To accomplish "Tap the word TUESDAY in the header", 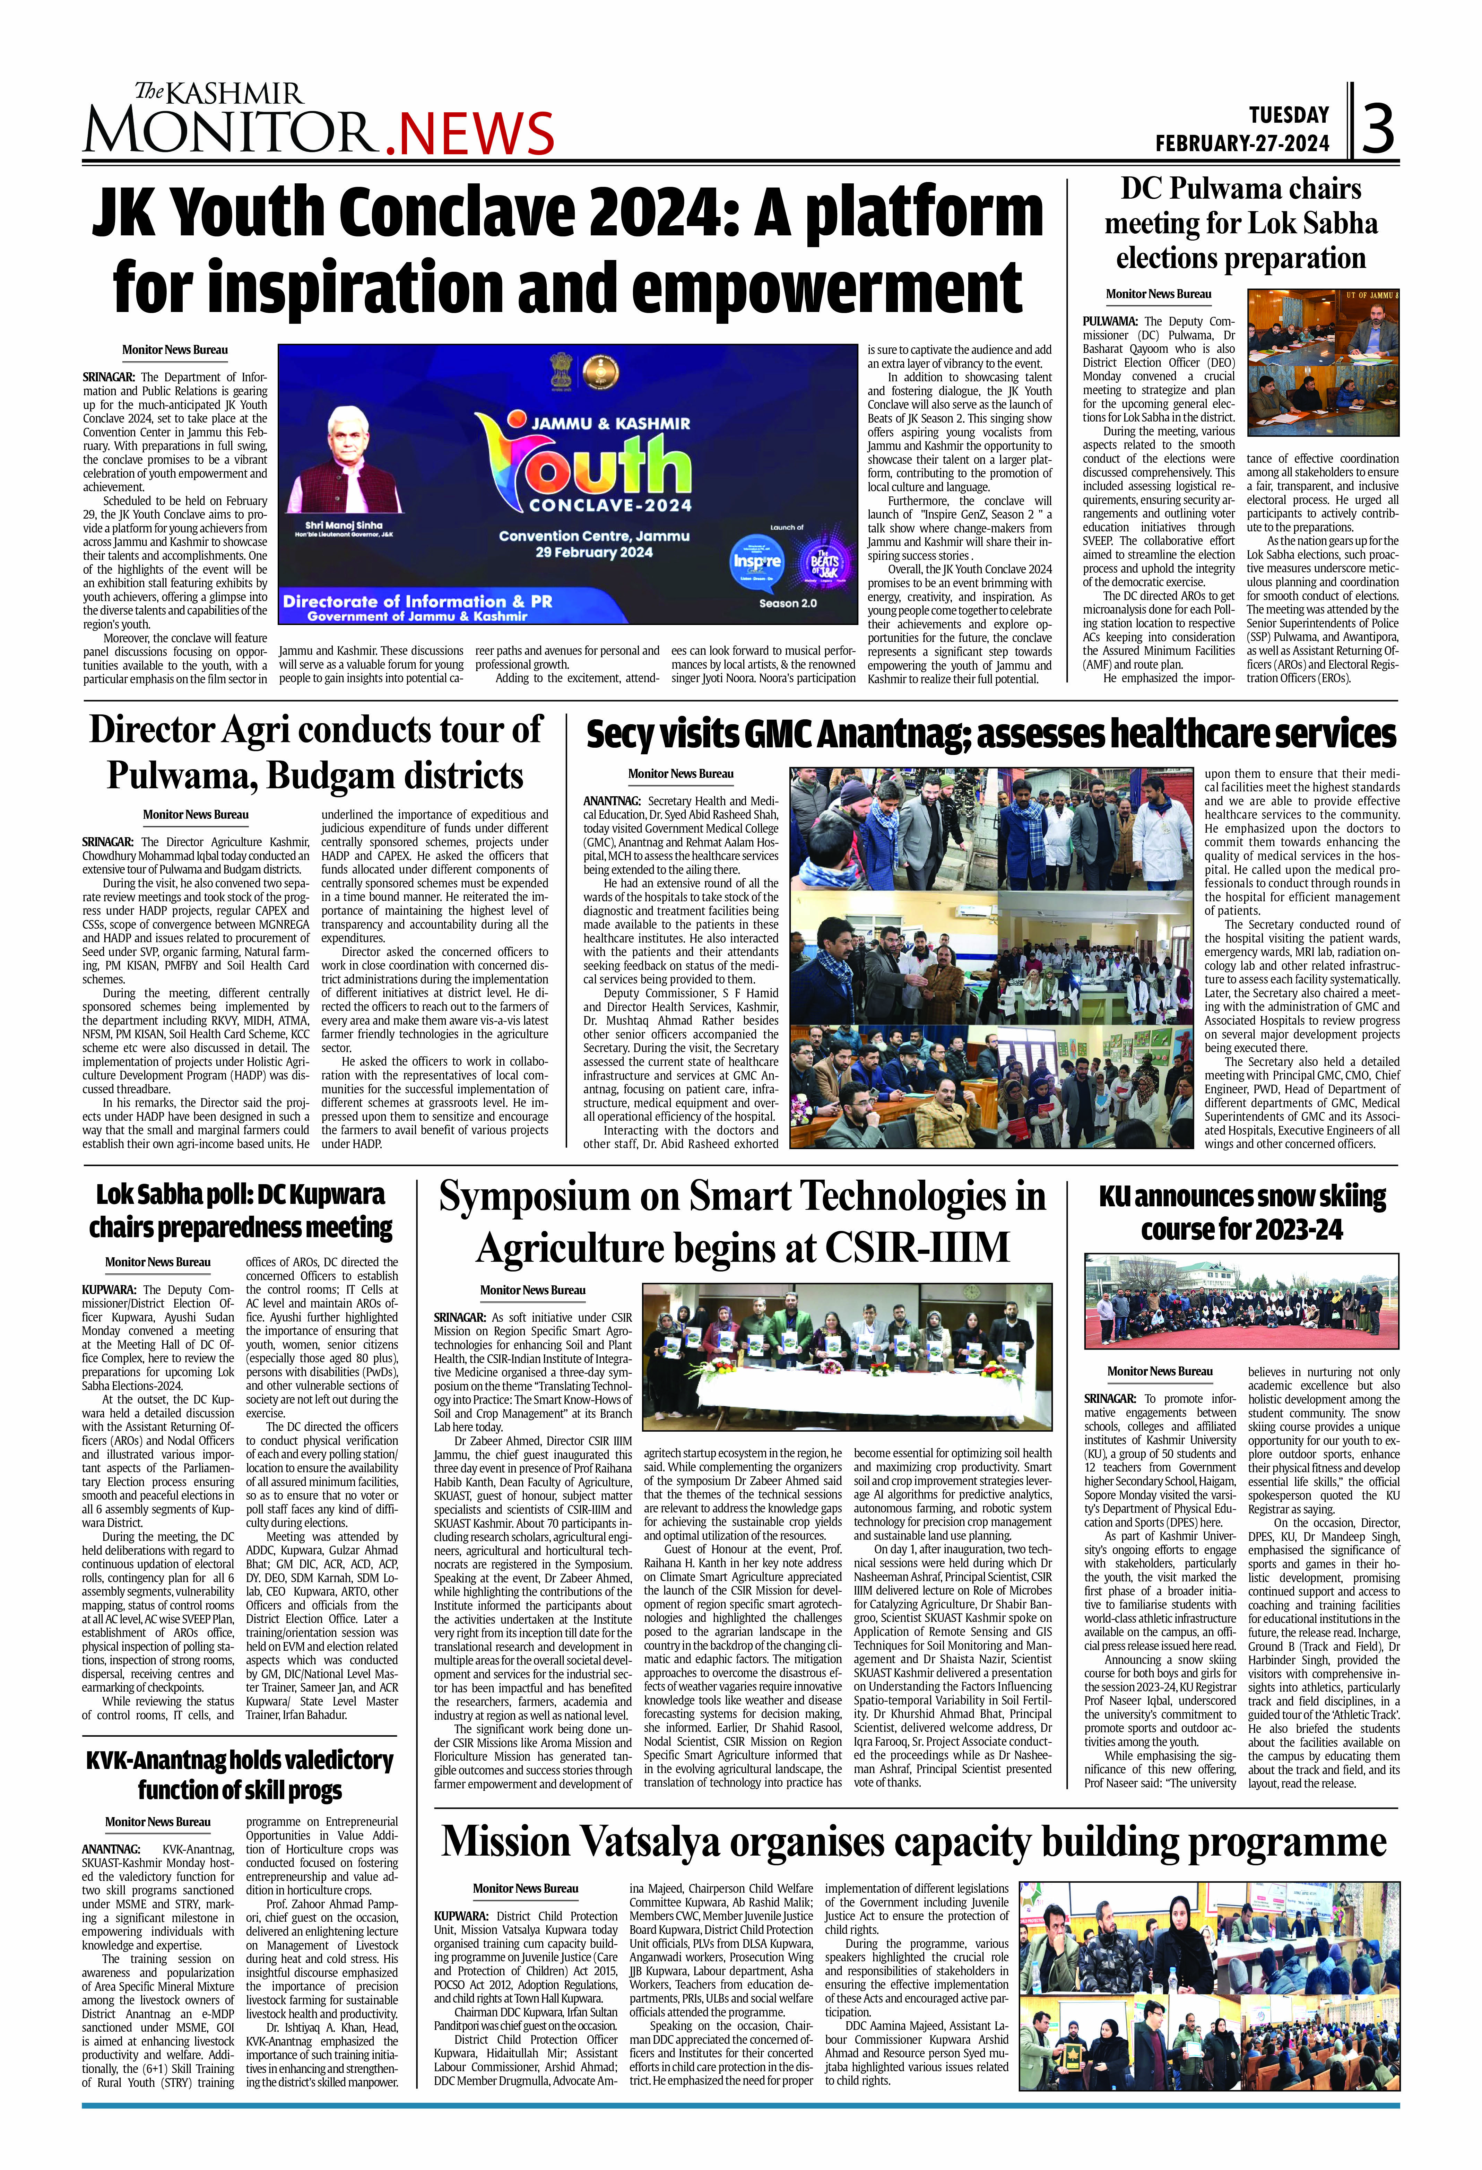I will pyautogui.click(x=1289, y=115).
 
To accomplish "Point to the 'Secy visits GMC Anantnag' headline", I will pyautogui.click(x=991, y=735).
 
